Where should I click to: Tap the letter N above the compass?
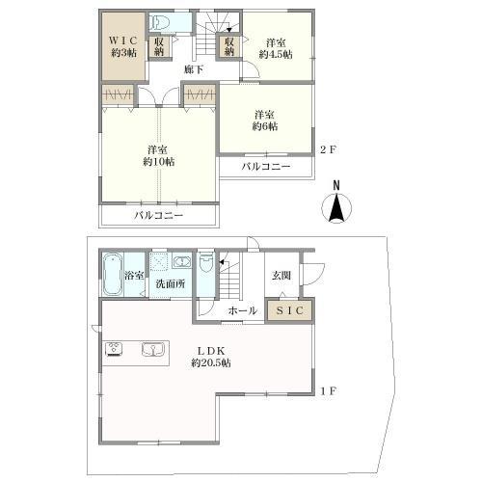(336, 185)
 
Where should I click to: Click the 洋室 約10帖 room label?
(157, 156)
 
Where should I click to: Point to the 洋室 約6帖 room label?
(265, 119)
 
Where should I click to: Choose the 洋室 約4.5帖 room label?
(275, 48)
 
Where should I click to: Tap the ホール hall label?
(242, 310)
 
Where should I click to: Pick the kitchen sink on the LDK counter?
(152, 348)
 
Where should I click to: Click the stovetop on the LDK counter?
(113, 348)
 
